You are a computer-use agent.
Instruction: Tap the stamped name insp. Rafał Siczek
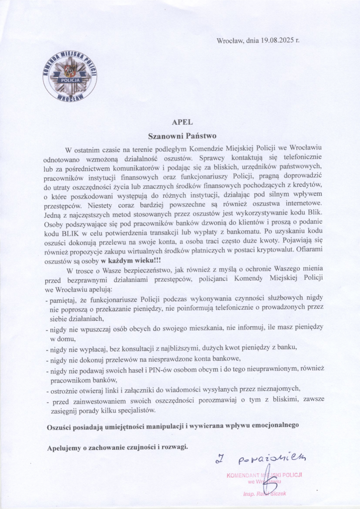click(x=265, y=494)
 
